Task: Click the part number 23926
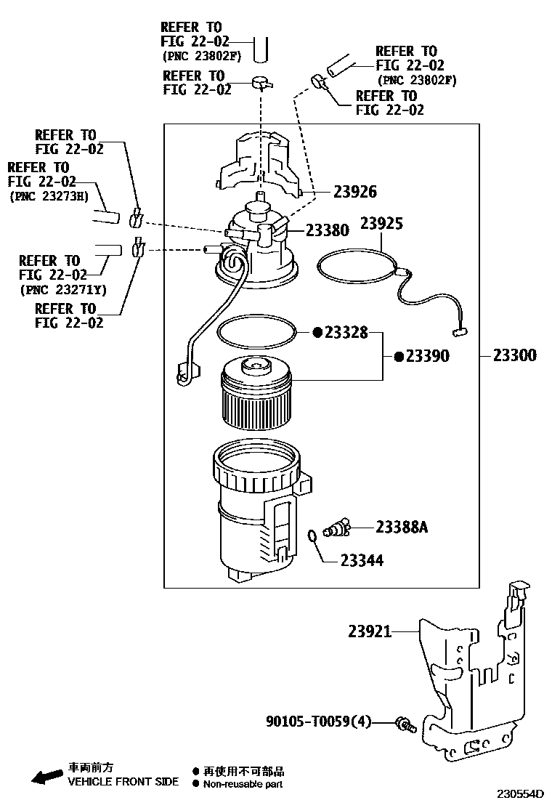pyautogui.click(x=355, y=192)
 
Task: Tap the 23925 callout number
pyautogui.click(x=381, y=223)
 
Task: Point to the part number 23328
pyautogui.click(x=346, y=332)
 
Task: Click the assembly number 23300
pyautogui.click(x=514, y=355)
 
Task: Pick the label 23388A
pyautogui.click(x=402, y=527)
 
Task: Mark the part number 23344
pyautogui.click(x=362, y=560)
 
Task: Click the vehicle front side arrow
pyautogui.click(x=45, y=777)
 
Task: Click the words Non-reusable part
pyautogui.click(x=243, y=784)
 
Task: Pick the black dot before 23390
pyautogui.click(x=399, y=356)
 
